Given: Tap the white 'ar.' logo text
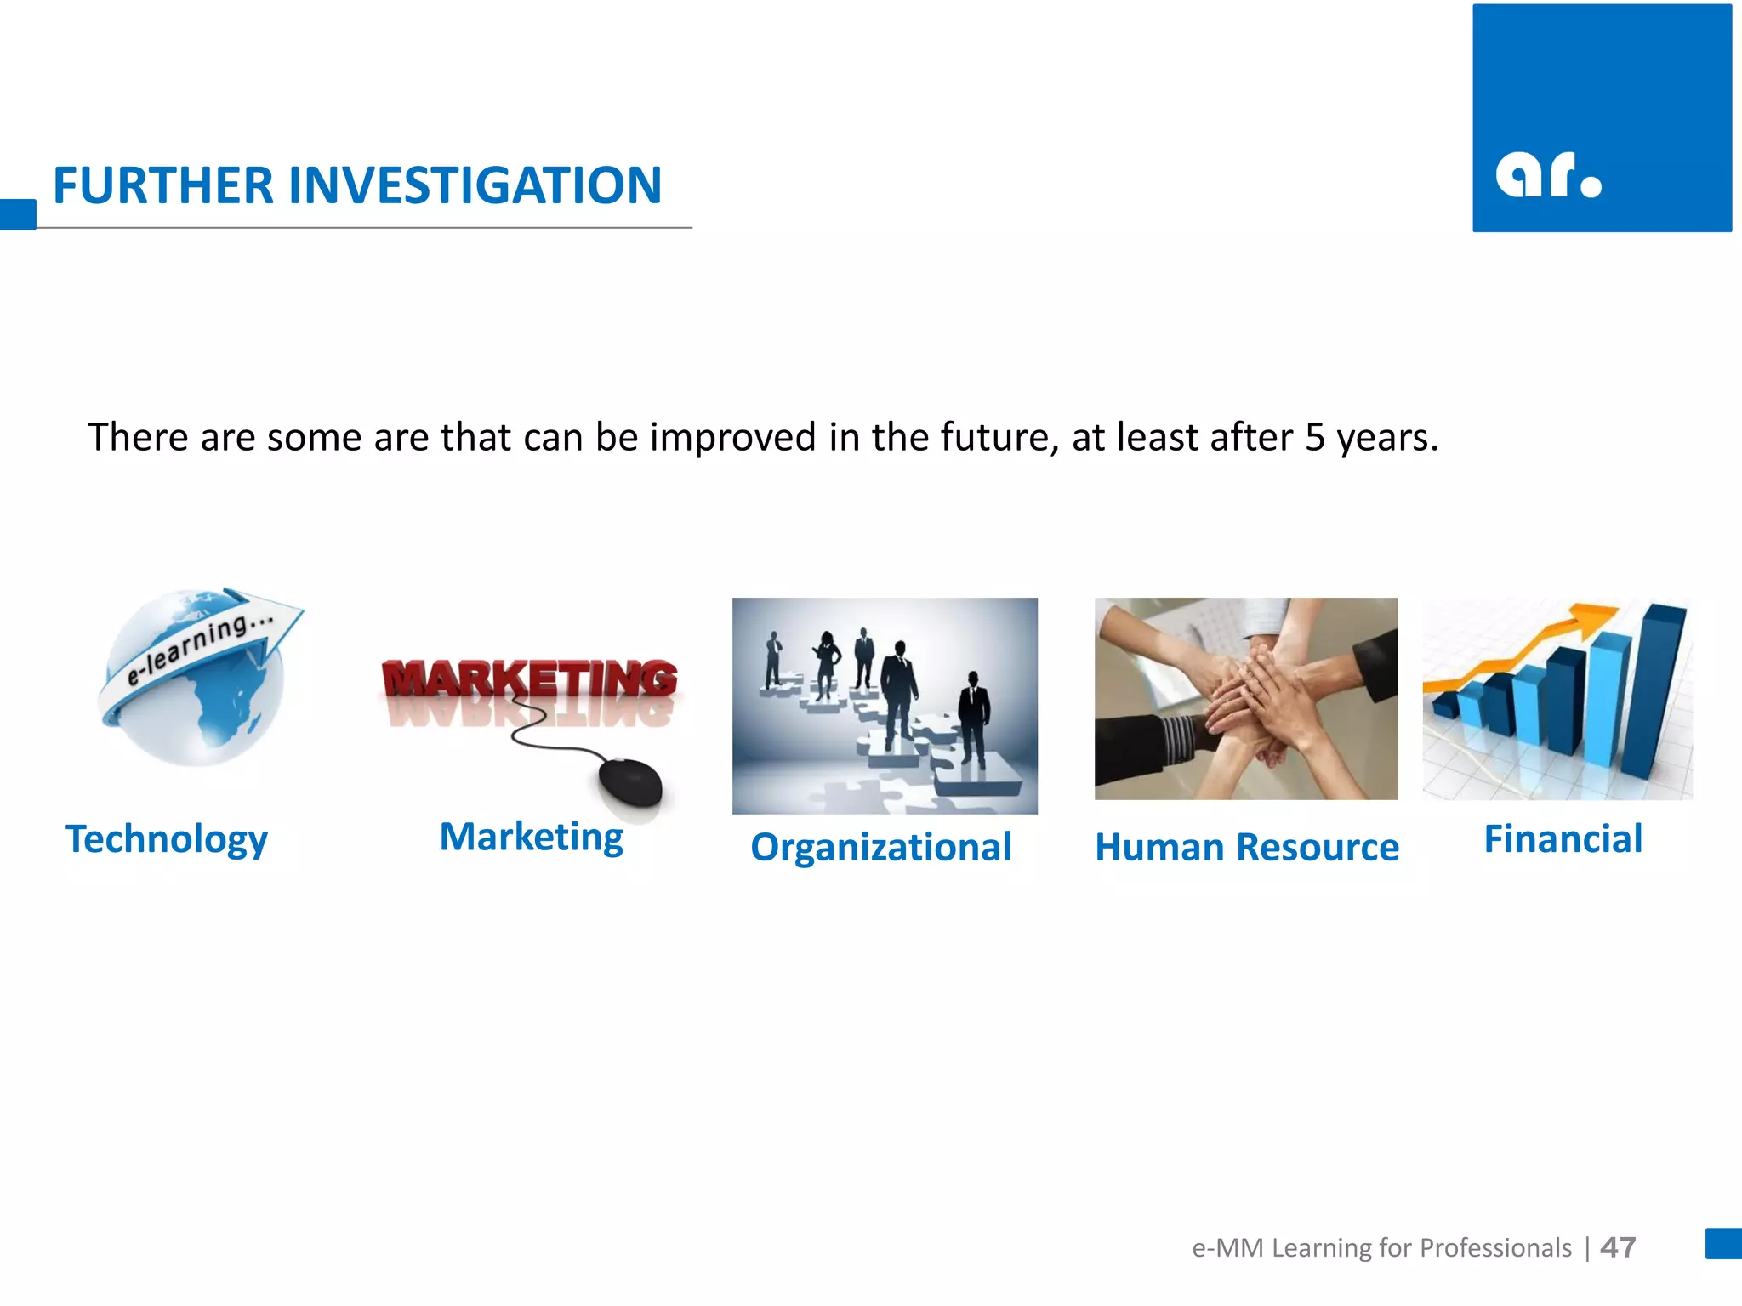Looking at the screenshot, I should [1547, 175].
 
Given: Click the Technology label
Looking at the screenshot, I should [167, 839].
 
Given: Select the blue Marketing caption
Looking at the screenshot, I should [532, 837].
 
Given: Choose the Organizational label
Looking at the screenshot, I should [881, 847].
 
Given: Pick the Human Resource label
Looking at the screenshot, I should [1246, 847].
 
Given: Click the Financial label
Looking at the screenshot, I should [1563, 838].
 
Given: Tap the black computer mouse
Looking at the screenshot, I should [630, 782].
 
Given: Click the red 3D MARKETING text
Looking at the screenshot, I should [529, 679].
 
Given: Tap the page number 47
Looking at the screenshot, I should [1618, 1247].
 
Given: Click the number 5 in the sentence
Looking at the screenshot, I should [1315, 437].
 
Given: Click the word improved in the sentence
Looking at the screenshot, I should [733, 437].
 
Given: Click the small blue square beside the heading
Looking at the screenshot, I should [18, 213].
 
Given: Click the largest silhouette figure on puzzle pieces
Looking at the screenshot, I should [898, 693].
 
